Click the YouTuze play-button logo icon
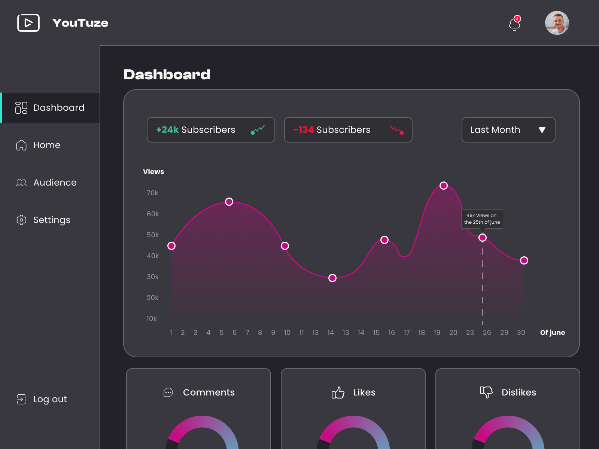click(x=28, y=23)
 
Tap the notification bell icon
click(x=515, y=24)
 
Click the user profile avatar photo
click(x=557, y=23)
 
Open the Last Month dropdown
click(x=508, y=130)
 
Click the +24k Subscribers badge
click(x=211, y=130)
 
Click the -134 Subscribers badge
click(x=348, y=130)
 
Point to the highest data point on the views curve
click(x=444, y=186)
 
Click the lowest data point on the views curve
click(x=332, y=278)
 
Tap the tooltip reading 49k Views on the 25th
click(x=482, y=219)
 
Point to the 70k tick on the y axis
click(x=152, y=193)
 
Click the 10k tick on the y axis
click(x=152, y=319)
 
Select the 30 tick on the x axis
click(x=521, y=333)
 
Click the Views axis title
click(x=153, y=172)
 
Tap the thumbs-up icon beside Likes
click(x=338, y=393)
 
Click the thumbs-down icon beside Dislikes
click(x=486, y=392)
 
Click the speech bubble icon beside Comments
click(x=168, y=393)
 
